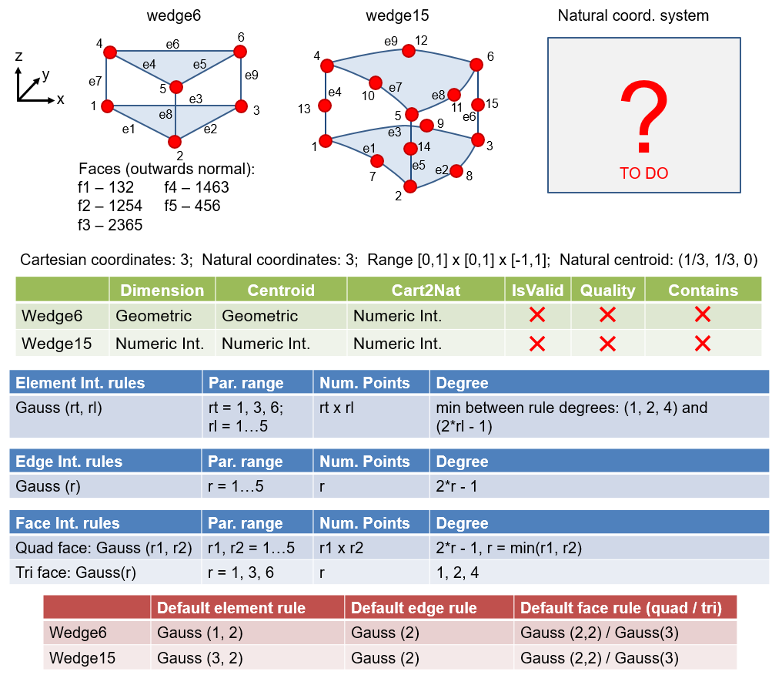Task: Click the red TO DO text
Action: click(x=643, y=173)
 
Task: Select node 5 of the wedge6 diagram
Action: click(x=176, y=87)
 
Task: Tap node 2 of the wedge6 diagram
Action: click(x=175, y=141)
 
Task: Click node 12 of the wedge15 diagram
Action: click(x=409, y=51)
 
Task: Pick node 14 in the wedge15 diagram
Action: click(x=410, y=148)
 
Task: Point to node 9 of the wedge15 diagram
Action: click(x=426, y=125)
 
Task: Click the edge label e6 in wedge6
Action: click(x=172, y=44)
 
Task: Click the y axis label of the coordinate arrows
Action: click(x=46, y=74)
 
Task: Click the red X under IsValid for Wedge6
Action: click(x=537, y=314)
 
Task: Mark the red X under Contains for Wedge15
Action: click(x=702, y=343)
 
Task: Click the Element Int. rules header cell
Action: click(x=80, y=382)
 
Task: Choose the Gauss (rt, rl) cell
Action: click(x=59, y=408)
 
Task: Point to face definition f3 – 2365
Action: click(x=110, y=225)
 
